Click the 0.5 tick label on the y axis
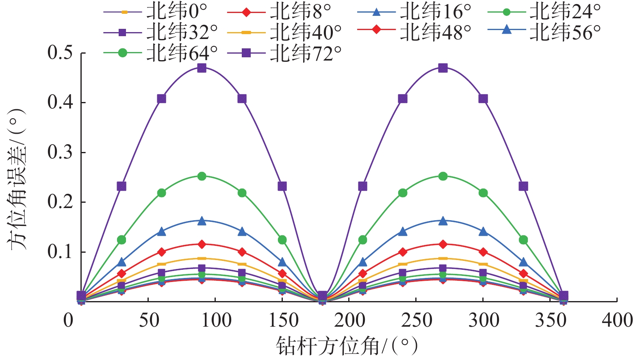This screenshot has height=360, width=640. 60,53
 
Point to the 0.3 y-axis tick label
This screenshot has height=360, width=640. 60,152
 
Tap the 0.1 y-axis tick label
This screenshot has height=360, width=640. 60,252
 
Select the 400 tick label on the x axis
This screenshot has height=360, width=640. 617,320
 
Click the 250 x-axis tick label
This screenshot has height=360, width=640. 417,320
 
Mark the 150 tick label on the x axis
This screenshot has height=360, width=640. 283,320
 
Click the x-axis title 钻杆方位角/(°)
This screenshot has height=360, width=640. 347,346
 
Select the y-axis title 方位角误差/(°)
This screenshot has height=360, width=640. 17,179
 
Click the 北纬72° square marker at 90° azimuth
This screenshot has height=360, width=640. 202,68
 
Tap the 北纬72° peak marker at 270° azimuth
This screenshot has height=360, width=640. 443,68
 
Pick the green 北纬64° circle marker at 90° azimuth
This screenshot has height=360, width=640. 202,176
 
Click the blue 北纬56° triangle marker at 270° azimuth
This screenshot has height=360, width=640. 443,221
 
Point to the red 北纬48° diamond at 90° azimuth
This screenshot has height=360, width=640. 202,244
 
